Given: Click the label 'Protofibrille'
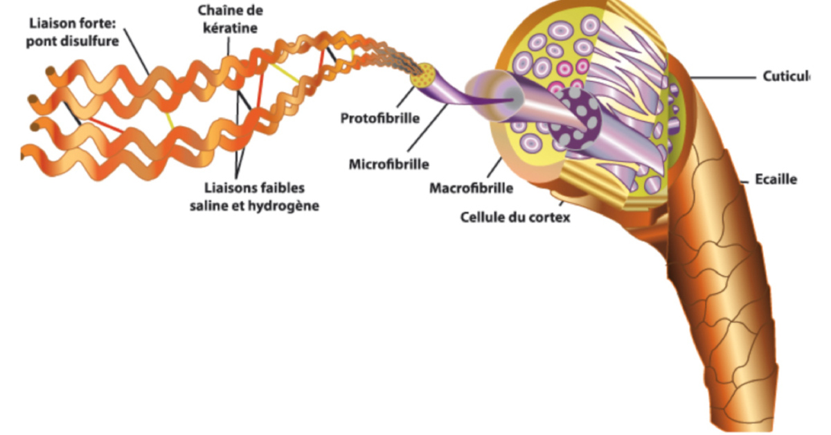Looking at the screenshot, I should (x=379, y=118).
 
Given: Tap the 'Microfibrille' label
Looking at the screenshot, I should (x=388, y=164).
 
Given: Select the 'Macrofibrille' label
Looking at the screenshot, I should (x=471, y=188).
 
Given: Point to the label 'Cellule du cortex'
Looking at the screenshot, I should (x=515, y=217).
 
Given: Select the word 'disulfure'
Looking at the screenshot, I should (x=92, y=41).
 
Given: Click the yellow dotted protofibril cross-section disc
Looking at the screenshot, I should (x=423, y=76).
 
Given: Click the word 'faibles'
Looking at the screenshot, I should (x=280, y=188).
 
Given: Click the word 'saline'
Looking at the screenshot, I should (x=211, y=206).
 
